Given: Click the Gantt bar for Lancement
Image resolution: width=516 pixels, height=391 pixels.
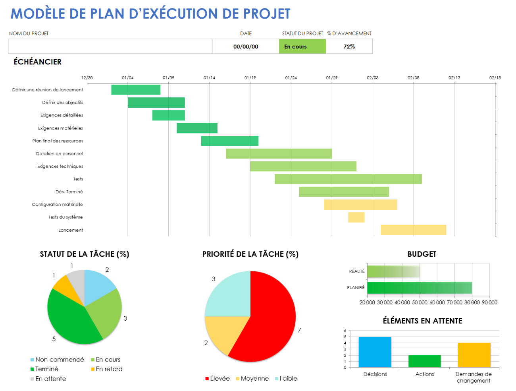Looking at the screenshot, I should (x=413, y=230).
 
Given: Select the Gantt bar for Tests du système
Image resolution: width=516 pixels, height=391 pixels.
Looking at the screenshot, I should (x=356, y=217).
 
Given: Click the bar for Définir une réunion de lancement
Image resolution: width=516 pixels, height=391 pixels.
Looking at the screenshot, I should (x=136, y=90).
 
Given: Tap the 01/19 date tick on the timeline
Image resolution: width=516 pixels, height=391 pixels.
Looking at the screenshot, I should (x=250, y=78).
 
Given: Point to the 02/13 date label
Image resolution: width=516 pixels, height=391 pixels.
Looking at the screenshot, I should (x=454, y=78).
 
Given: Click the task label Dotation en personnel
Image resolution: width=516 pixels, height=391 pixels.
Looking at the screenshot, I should (x=60, y=154).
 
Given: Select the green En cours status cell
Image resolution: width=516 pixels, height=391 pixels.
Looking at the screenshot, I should (x=302, y=46).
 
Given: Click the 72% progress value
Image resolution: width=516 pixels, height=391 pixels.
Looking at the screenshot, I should (x=349, y=46).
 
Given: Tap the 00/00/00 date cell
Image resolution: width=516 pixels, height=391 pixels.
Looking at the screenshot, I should (x=246, y=46).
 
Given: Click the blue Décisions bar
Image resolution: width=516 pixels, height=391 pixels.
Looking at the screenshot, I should (x=375, y=352).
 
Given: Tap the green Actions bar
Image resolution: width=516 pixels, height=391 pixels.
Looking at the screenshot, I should (x=424, y=361).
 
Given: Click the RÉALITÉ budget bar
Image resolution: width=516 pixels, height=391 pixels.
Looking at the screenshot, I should (x=393, y=271).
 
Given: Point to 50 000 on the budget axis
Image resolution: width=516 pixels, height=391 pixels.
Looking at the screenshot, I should (x=420, y=303).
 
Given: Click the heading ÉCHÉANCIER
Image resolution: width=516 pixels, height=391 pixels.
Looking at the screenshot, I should (x=38, y=62).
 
